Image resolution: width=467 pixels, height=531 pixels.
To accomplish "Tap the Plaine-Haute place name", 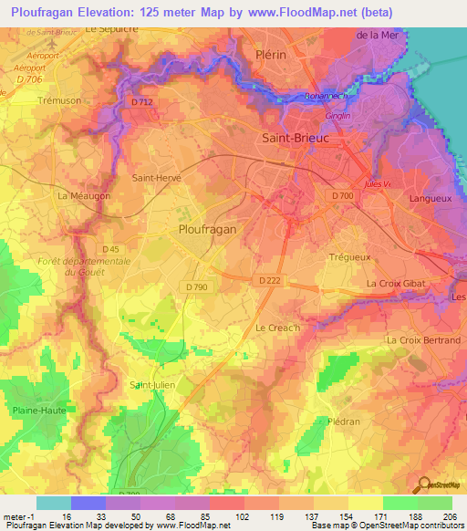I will [x=37, y=411].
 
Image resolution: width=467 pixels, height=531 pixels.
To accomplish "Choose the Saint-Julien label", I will [x=152, y=384].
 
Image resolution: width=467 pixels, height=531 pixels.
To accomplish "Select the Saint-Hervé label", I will [x=157, y=179].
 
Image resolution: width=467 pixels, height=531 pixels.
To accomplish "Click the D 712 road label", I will [x=141, y=102].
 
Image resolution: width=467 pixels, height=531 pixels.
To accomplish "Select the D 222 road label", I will [x=268, y=280].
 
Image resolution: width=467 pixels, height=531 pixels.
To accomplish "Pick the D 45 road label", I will [x=110, y=249].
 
